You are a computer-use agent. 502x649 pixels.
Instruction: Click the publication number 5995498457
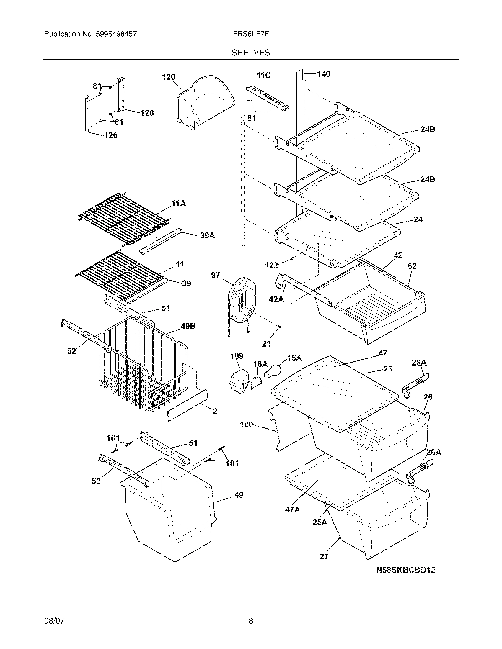pos(116,34)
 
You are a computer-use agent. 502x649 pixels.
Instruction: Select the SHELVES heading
pos(251,53)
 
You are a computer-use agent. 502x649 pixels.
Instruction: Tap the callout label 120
pos(168,77)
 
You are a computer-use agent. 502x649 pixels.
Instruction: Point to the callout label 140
pos(323,74)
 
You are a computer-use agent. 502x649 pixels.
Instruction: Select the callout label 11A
pos(178,204)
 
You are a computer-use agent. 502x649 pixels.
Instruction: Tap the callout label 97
pos(215,275)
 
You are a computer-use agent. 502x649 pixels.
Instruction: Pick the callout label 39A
pos(207,236)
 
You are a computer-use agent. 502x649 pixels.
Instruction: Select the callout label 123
pos(271,265)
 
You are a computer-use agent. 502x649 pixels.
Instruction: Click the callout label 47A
pos(292,510)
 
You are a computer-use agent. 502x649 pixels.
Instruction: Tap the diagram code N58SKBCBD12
pos(405,570)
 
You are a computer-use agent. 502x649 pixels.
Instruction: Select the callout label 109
pos(237,356)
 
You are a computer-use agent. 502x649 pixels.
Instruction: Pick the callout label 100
pos(246,424)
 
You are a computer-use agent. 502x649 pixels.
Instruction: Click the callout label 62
pos(412,266)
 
